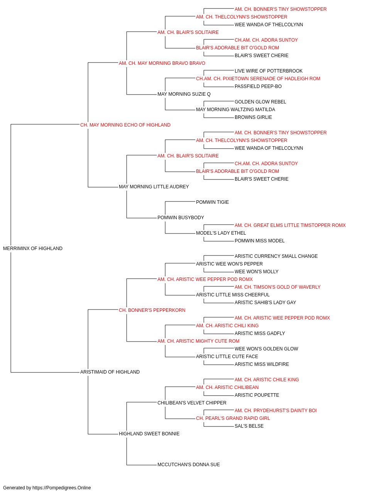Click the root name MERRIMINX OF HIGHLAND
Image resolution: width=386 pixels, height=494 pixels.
[33, 248]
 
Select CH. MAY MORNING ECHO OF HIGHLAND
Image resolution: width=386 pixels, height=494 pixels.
[125, 125]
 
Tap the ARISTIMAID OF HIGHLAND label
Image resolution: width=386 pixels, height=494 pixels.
[110, 372]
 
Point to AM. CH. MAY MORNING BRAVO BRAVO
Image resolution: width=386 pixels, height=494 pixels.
[162, 63]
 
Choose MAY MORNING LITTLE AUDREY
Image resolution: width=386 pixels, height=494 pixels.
[154, 187]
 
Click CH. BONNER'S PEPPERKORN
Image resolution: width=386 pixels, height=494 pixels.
[152, 310]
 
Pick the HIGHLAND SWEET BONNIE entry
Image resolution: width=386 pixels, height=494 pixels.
[149, 433]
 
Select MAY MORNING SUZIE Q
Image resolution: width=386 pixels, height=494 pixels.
[184, 94]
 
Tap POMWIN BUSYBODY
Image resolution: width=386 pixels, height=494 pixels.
[181, 218]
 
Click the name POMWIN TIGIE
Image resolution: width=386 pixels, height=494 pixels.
[212, 202]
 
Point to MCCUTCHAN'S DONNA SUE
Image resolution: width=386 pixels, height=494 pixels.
[189, 464]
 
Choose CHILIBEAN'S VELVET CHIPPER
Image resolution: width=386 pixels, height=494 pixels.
[192, 403]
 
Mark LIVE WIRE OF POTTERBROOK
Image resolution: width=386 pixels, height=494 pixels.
[269, 71]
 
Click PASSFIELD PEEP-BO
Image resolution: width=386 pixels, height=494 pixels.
[258, 86]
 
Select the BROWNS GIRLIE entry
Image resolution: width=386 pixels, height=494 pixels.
[253, 117]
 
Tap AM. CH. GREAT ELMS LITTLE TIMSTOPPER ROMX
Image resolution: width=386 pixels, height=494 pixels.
[290, 225]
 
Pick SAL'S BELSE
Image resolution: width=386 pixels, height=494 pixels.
[249, 426]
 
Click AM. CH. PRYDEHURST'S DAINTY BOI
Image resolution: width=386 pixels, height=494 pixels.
[276, 410]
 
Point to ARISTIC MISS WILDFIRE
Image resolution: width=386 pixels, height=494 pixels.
[262, 364]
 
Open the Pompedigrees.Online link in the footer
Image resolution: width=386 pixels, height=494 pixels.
[61, 488]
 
